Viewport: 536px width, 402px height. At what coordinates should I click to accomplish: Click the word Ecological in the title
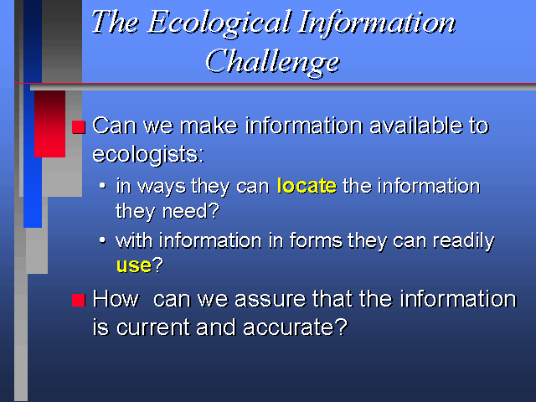[219, 23]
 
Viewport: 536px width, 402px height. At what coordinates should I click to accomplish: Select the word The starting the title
[116, 22]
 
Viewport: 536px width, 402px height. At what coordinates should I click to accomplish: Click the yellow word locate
[307, 186]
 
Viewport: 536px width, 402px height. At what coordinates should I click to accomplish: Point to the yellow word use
[134, 265]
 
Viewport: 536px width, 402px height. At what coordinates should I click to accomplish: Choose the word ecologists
[148, 154]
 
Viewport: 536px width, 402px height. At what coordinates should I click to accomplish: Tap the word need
[191, 211]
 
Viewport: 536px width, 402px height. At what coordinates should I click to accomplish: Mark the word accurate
[296, 327]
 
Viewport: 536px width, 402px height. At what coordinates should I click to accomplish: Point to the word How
[116, 299]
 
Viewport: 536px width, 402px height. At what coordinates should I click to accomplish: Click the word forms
[316, 240]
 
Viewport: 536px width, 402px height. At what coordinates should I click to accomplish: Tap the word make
[209, 126]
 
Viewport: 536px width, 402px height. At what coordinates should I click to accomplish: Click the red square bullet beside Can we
[79, 127]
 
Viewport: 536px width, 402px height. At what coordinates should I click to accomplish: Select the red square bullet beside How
[79, 300]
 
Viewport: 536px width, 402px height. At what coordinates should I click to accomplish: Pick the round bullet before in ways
[102, 186]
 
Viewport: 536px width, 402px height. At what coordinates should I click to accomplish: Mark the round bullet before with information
[102, 240]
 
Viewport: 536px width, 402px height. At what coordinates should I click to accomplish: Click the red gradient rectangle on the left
[49, 124]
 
